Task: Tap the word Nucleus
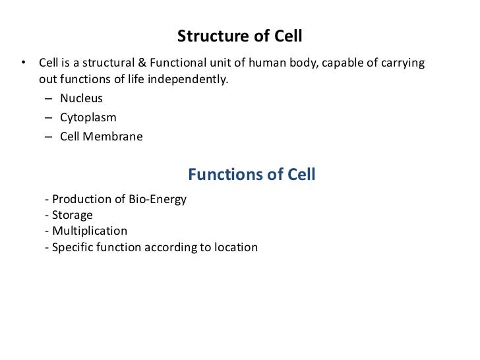(x=81, y=98)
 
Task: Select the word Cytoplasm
(x=88, y=117)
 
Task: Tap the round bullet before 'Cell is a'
(x=23, y=63)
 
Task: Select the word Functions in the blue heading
(x=220, y=175)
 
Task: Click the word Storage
(x=72, y=215)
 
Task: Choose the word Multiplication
(x=90, y=231)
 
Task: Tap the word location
(x=235, y=248)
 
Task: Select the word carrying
(x=402, y=63)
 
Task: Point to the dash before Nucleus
(x=51, y=99)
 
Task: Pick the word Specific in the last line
(x=73, y=248)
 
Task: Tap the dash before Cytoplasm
(x=51, y=118)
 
